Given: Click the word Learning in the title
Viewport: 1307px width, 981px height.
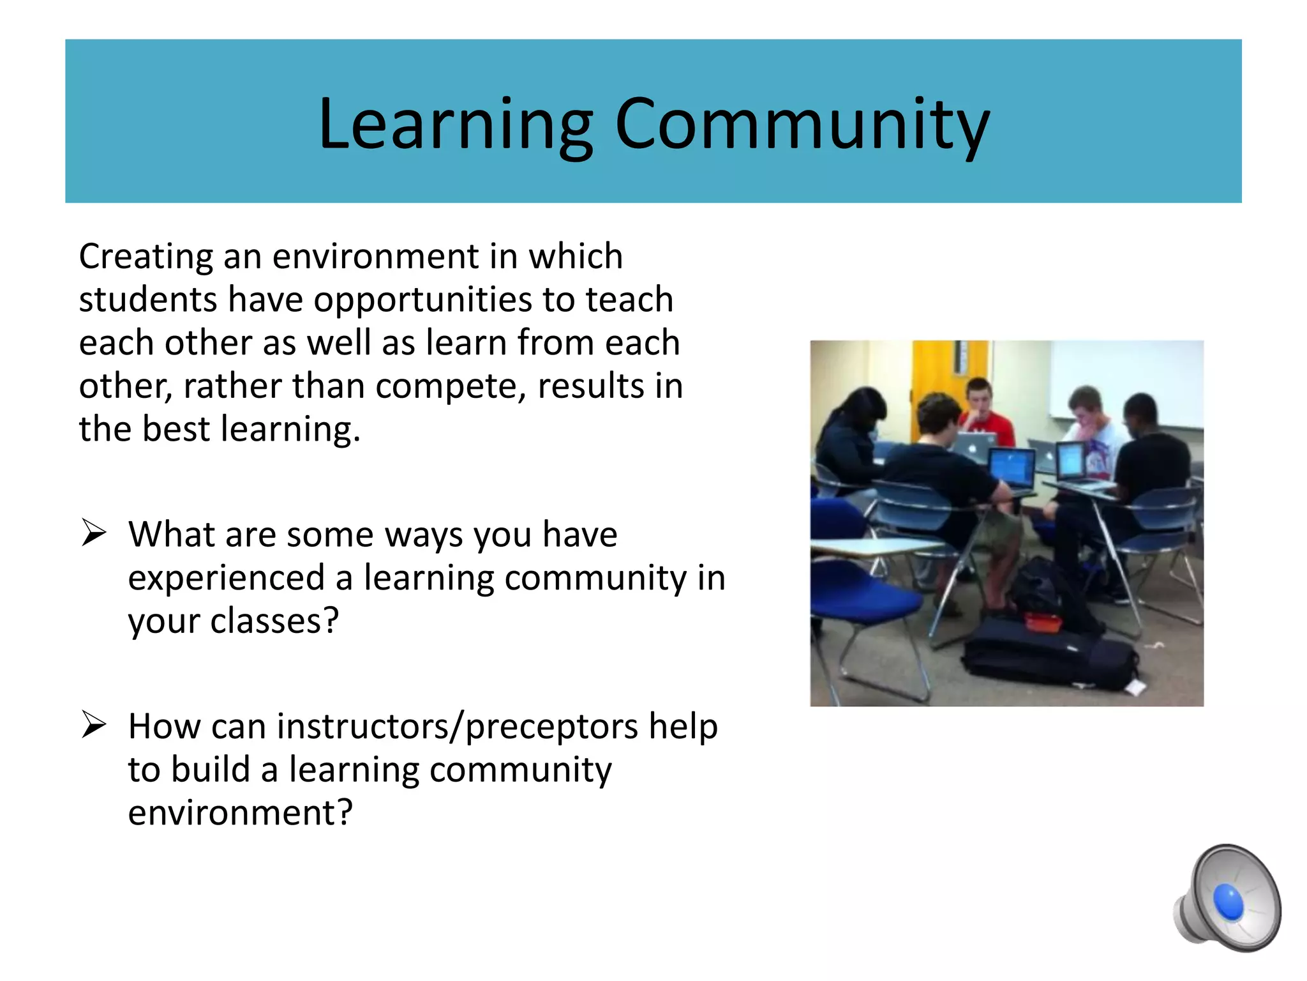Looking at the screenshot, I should pos(455,125).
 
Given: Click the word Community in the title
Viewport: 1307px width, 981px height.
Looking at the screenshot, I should pos(802,125).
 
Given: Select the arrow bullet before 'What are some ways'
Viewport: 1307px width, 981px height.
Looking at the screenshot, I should pos(94,533).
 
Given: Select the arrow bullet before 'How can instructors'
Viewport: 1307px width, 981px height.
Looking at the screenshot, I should pos(94,726).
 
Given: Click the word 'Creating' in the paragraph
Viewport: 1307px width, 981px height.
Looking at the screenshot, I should pos(145,257).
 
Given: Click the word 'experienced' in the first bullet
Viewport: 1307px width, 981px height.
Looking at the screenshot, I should pos(226,578).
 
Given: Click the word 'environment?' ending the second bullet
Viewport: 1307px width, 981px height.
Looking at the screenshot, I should pos(240,813).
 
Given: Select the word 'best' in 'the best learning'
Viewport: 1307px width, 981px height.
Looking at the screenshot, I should pos(176,429).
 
